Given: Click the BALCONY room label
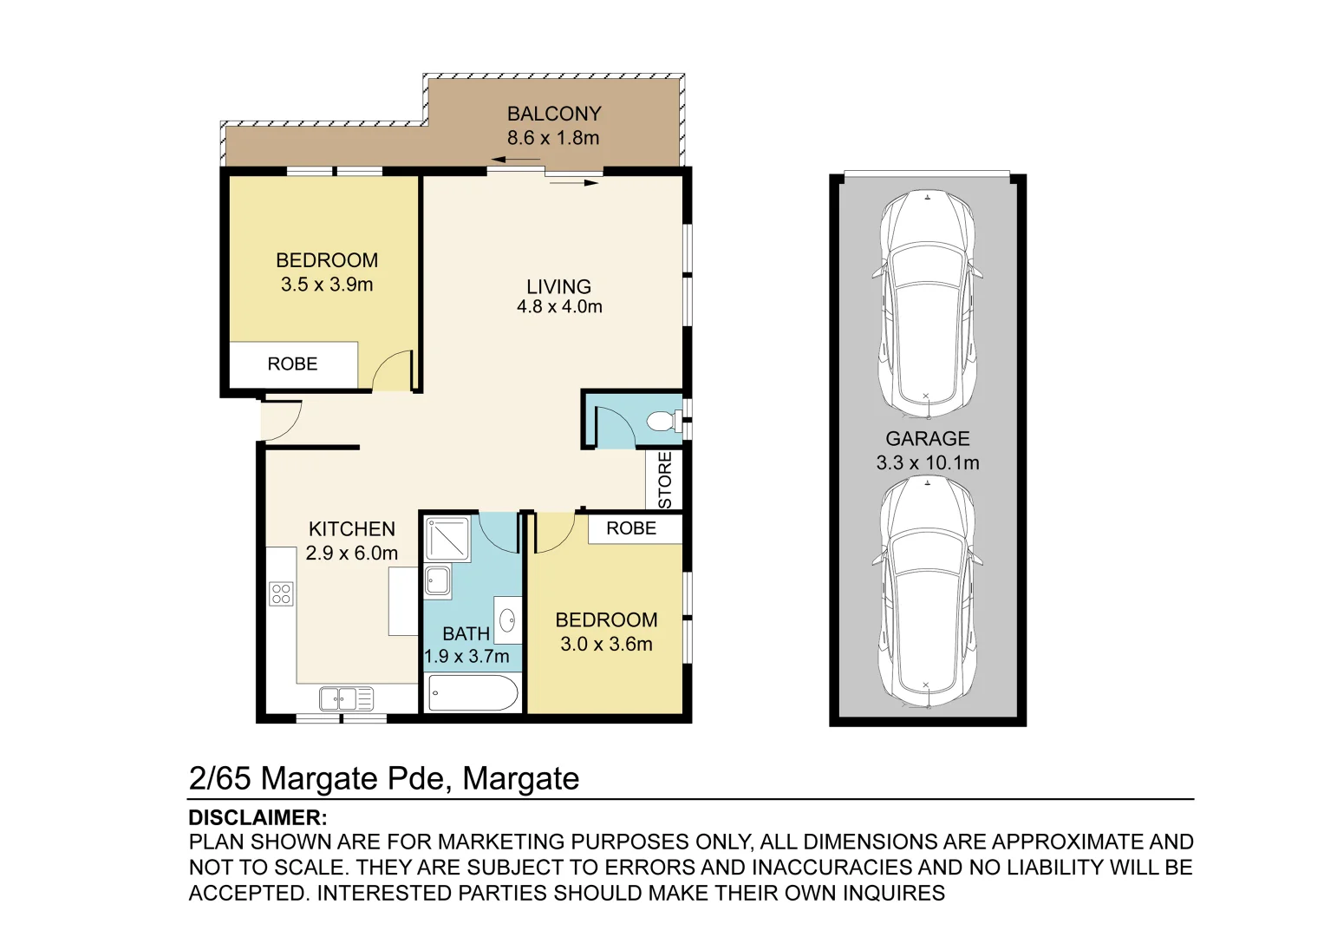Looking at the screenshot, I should point(553,114).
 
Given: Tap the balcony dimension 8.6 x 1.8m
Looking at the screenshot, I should point(553,138).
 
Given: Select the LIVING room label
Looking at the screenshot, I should point(558,286).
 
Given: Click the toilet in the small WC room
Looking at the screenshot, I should point(662,422).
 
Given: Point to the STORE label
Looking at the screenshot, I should point(665,480).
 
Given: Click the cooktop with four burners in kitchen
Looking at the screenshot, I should point(281,594).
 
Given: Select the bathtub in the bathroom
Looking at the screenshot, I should point(473,694).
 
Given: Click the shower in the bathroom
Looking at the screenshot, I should point(447,539).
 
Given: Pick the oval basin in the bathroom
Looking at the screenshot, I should point(508,619).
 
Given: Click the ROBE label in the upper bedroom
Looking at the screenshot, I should point(292,364).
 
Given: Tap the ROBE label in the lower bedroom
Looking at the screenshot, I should point(630,528).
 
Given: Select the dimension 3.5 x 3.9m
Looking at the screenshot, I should point(327,285).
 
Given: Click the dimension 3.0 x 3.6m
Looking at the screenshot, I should point(606,645).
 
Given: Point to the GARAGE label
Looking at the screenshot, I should point(927,439).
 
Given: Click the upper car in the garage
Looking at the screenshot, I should point(927,304).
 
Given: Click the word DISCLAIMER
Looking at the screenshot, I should point(258,818).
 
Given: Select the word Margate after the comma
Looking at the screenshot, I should point(520,779).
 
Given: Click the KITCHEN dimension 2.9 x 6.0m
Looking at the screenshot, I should point(351,554).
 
